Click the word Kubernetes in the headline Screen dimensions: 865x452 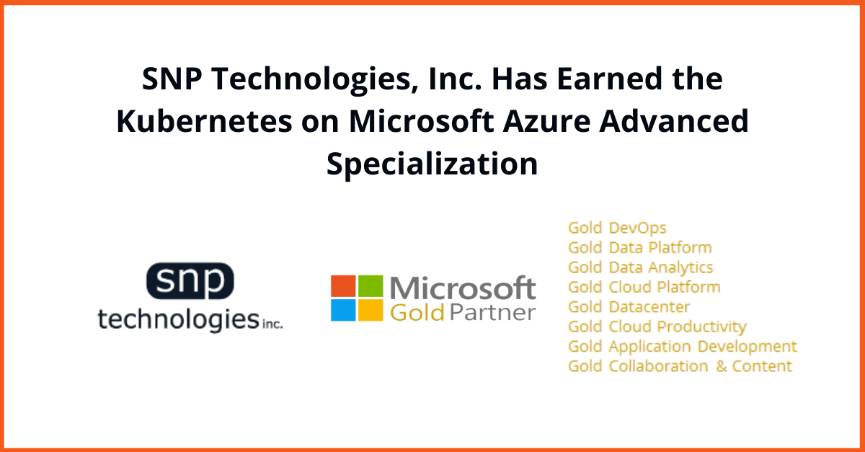[204, 121]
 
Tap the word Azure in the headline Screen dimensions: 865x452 [546, 121]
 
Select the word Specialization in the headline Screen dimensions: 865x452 [432, 164]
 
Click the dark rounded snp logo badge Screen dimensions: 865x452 [190, 281]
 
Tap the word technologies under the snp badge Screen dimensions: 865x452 [179, 319]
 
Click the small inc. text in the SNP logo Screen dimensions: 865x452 [272, 324]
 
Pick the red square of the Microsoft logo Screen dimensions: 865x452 [343, 286]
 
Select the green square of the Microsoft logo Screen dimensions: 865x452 [371, 286]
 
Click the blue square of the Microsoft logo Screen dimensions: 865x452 [343, 310]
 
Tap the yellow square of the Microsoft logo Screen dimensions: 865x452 [371, 310]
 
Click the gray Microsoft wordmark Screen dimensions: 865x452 [463, 288]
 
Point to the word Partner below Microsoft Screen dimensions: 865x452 [493, 312]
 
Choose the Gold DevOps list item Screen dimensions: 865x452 [617, 228]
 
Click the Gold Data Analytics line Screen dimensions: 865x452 [641, 267]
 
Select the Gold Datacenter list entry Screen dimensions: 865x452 [629, 307]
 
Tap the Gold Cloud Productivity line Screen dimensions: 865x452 [657, 327]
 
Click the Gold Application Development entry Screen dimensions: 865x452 [683, 347]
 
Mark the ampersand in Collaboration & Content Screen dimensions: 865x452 [722, 366]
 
